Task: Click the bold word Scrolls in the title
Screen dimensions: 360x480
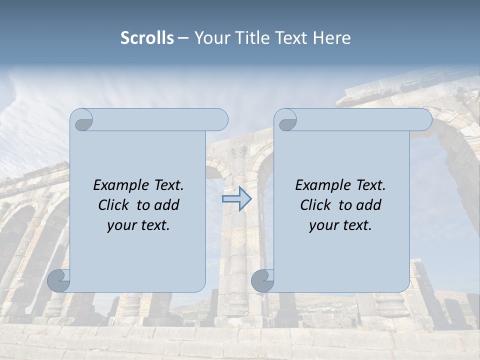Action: pos(147,38)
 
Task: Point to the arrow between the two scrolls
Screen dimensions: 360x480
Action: pos(236,198)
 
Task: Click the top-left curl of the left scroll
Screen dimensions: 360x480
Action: pos(82,120)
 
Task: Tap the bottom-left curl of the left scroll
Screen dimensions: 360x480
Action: pos(59,281)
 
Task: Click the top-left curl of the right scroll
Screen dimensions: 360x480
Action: pos(286,120)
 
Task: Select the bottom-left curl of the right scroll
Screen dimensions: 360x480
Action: pos(263,281)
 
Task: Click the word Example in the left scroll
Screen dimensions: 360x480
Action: pos(121,185)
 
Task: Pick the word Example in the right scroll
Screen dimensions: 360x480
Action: pos(323,185)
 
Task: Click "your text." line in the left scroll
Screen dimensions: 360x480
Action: pos(138,225)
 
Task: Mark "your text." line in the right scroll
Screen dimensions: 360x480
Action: pos(340,225)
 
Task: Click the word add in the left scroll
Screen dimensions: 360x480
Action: pos(167,205)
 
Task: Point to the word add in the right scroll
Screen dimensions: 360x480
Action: pos(369,205)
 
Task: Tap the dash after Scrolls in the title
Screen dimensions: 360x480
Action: pos(183,38)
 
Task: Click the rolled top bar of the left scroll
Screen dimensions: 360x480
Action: pos(160,119)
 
